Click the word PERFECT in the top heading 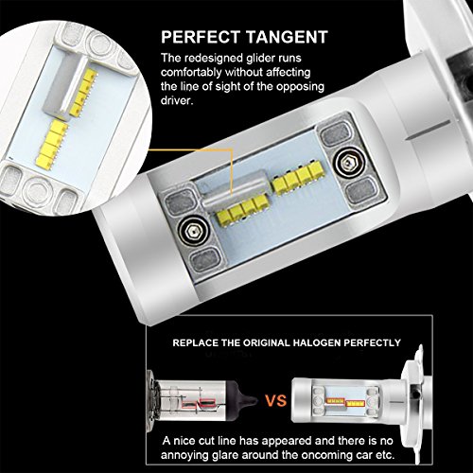(201, 37)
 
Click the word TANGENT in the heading (287, 37)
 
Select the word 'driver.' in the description (177, 100)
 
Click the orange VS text (275, 401)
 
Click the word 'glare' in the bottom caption (223, 455)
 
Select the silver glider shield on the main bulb (235, 188)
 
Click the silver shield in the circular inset (64, 83)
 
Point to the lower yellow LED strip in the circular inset (52, 144)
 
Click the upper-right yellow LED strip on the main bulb (298, 177)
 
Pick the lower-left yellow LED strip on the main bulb (242, 209)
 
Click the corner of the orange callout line (232, 149)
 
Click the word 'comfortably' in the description (191, 73)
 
